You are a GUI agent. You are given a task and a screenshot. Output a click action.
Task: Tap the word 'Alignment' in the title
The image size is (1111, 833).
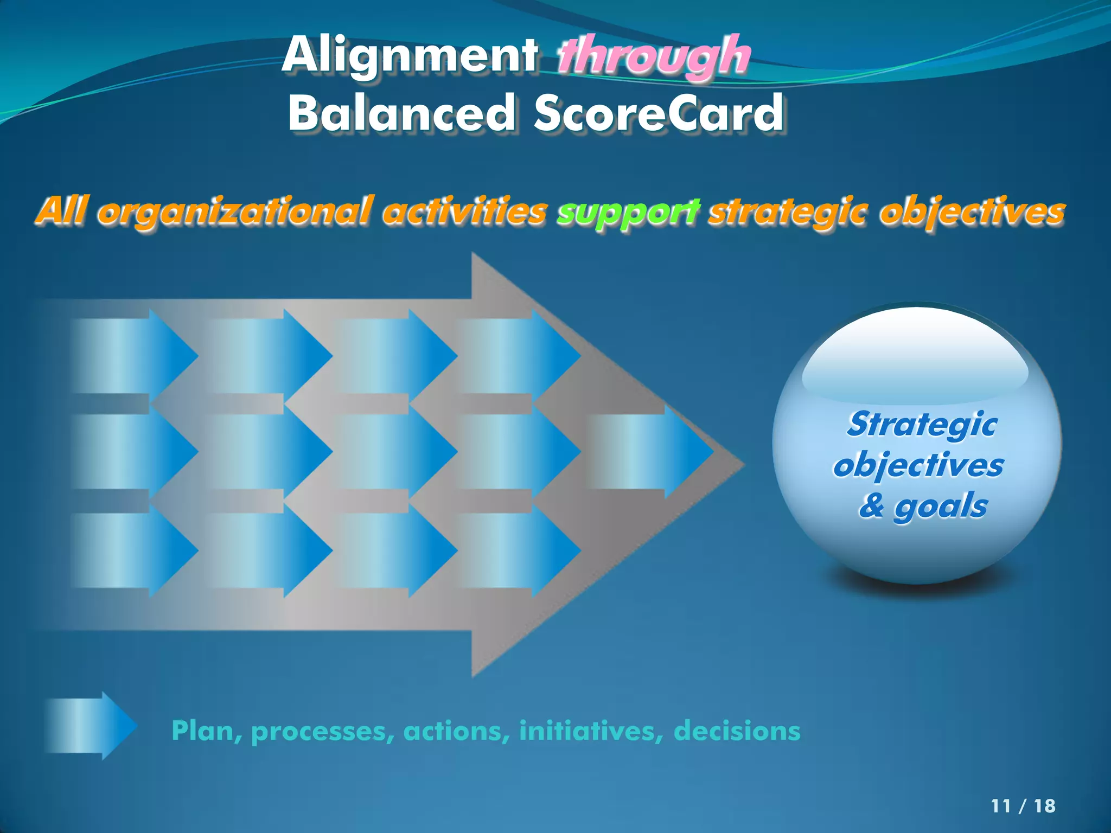click(x=410, y=56)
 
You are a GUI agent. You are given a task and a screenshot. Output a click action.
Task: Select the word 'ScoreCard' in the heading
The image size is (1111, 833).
click(x=659, y=113)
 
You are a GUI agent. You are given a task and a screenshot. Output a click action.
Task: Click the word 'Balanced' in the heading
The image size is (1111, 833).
click(x=401, y=113)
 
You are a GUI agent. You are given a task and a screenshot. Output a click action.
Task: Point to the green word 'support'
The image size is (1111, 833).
click(x=628, y=212)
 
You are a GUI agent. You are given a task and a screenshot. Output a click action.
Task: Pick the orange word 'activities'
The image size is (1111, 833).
click(x=464, y=212)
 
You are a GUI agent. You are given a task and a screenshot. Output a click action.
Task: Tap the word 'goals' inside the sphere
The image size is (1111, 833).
click(x=941, y=507)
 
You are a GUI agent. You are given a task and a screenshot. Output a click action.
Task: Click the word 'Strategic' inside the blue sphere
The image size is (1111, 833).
click(x=922, y=424)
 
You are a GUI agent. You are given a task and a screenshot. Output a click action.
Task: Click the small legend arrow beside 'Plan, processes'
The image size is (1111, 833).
click(x=90, y=726)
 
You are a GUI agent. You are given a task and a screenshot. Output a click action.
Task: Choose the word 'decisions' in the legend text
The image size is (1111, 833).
click(x=737, y=731)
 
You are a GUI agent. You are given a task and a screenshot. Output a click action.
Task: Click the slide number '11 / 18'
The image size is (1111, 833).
click(x=1023, y=806)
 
